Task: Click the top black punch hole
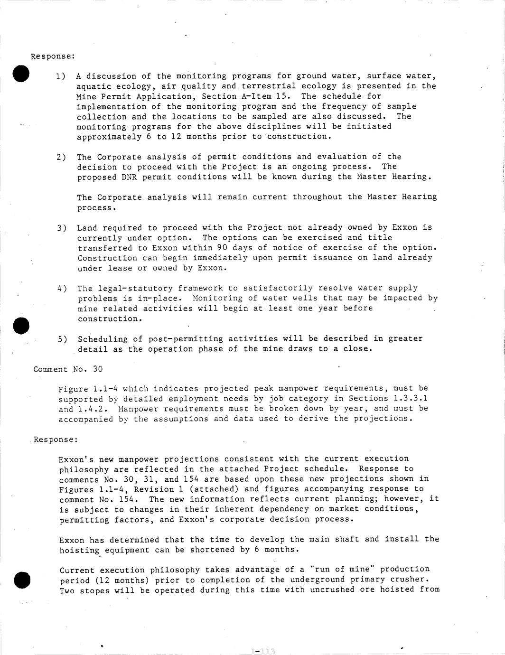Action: coord(21,74)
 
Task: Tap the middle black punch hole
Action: coord(21,326)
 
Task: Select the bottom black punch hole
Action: coord(22,580)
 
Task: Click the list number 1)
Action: coord(61,76)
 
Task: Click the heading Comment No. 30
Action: coord(68,369)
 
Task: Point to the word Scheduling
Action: coord(103,339)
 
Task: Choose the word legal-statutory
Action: coord(135,288)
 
